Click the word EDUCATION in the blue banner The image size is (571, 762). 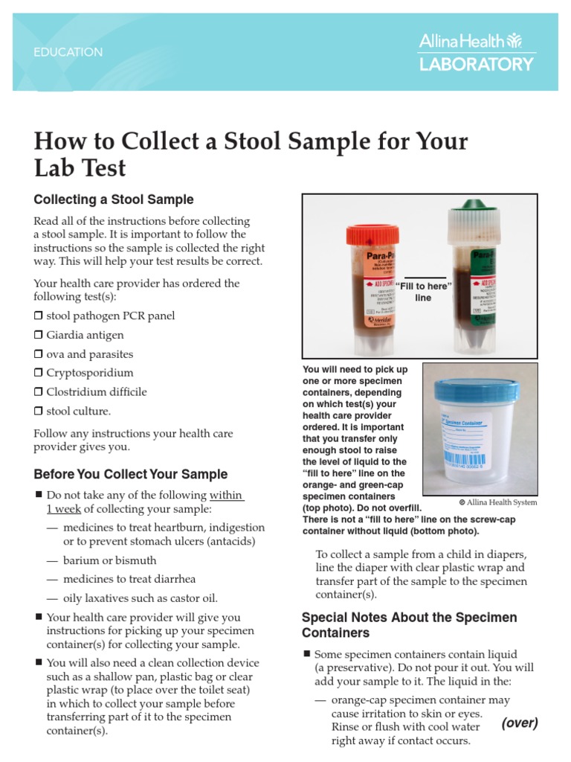(x=68, y=53)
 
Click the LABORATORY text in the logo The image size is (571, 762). (x=477, y=65)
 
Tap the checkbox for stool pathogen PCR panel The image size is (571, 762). (x=38, y=316)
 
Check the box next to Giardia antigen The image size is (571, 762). (x=38, y=336)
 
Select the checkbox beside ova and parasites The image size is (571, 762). (x=38, y=355)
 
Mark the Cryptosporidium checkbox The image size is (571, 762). (x=38, y=373)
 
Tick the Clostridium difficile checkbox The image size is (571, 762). (x=38, y=392)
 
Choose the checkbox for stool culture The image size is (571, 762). (x=38, y=412)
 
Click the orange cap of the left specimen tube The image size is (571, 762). (x=372, y=237)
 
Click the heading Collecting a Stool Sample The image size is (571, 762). (x=114, y=199)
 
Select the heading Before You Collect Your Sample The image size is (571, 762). (x=131, y=475)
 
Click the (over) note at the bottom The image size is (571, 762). (x=519, y=723)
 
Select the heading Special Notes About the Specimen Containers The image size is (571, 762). (x=409, y=625)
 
